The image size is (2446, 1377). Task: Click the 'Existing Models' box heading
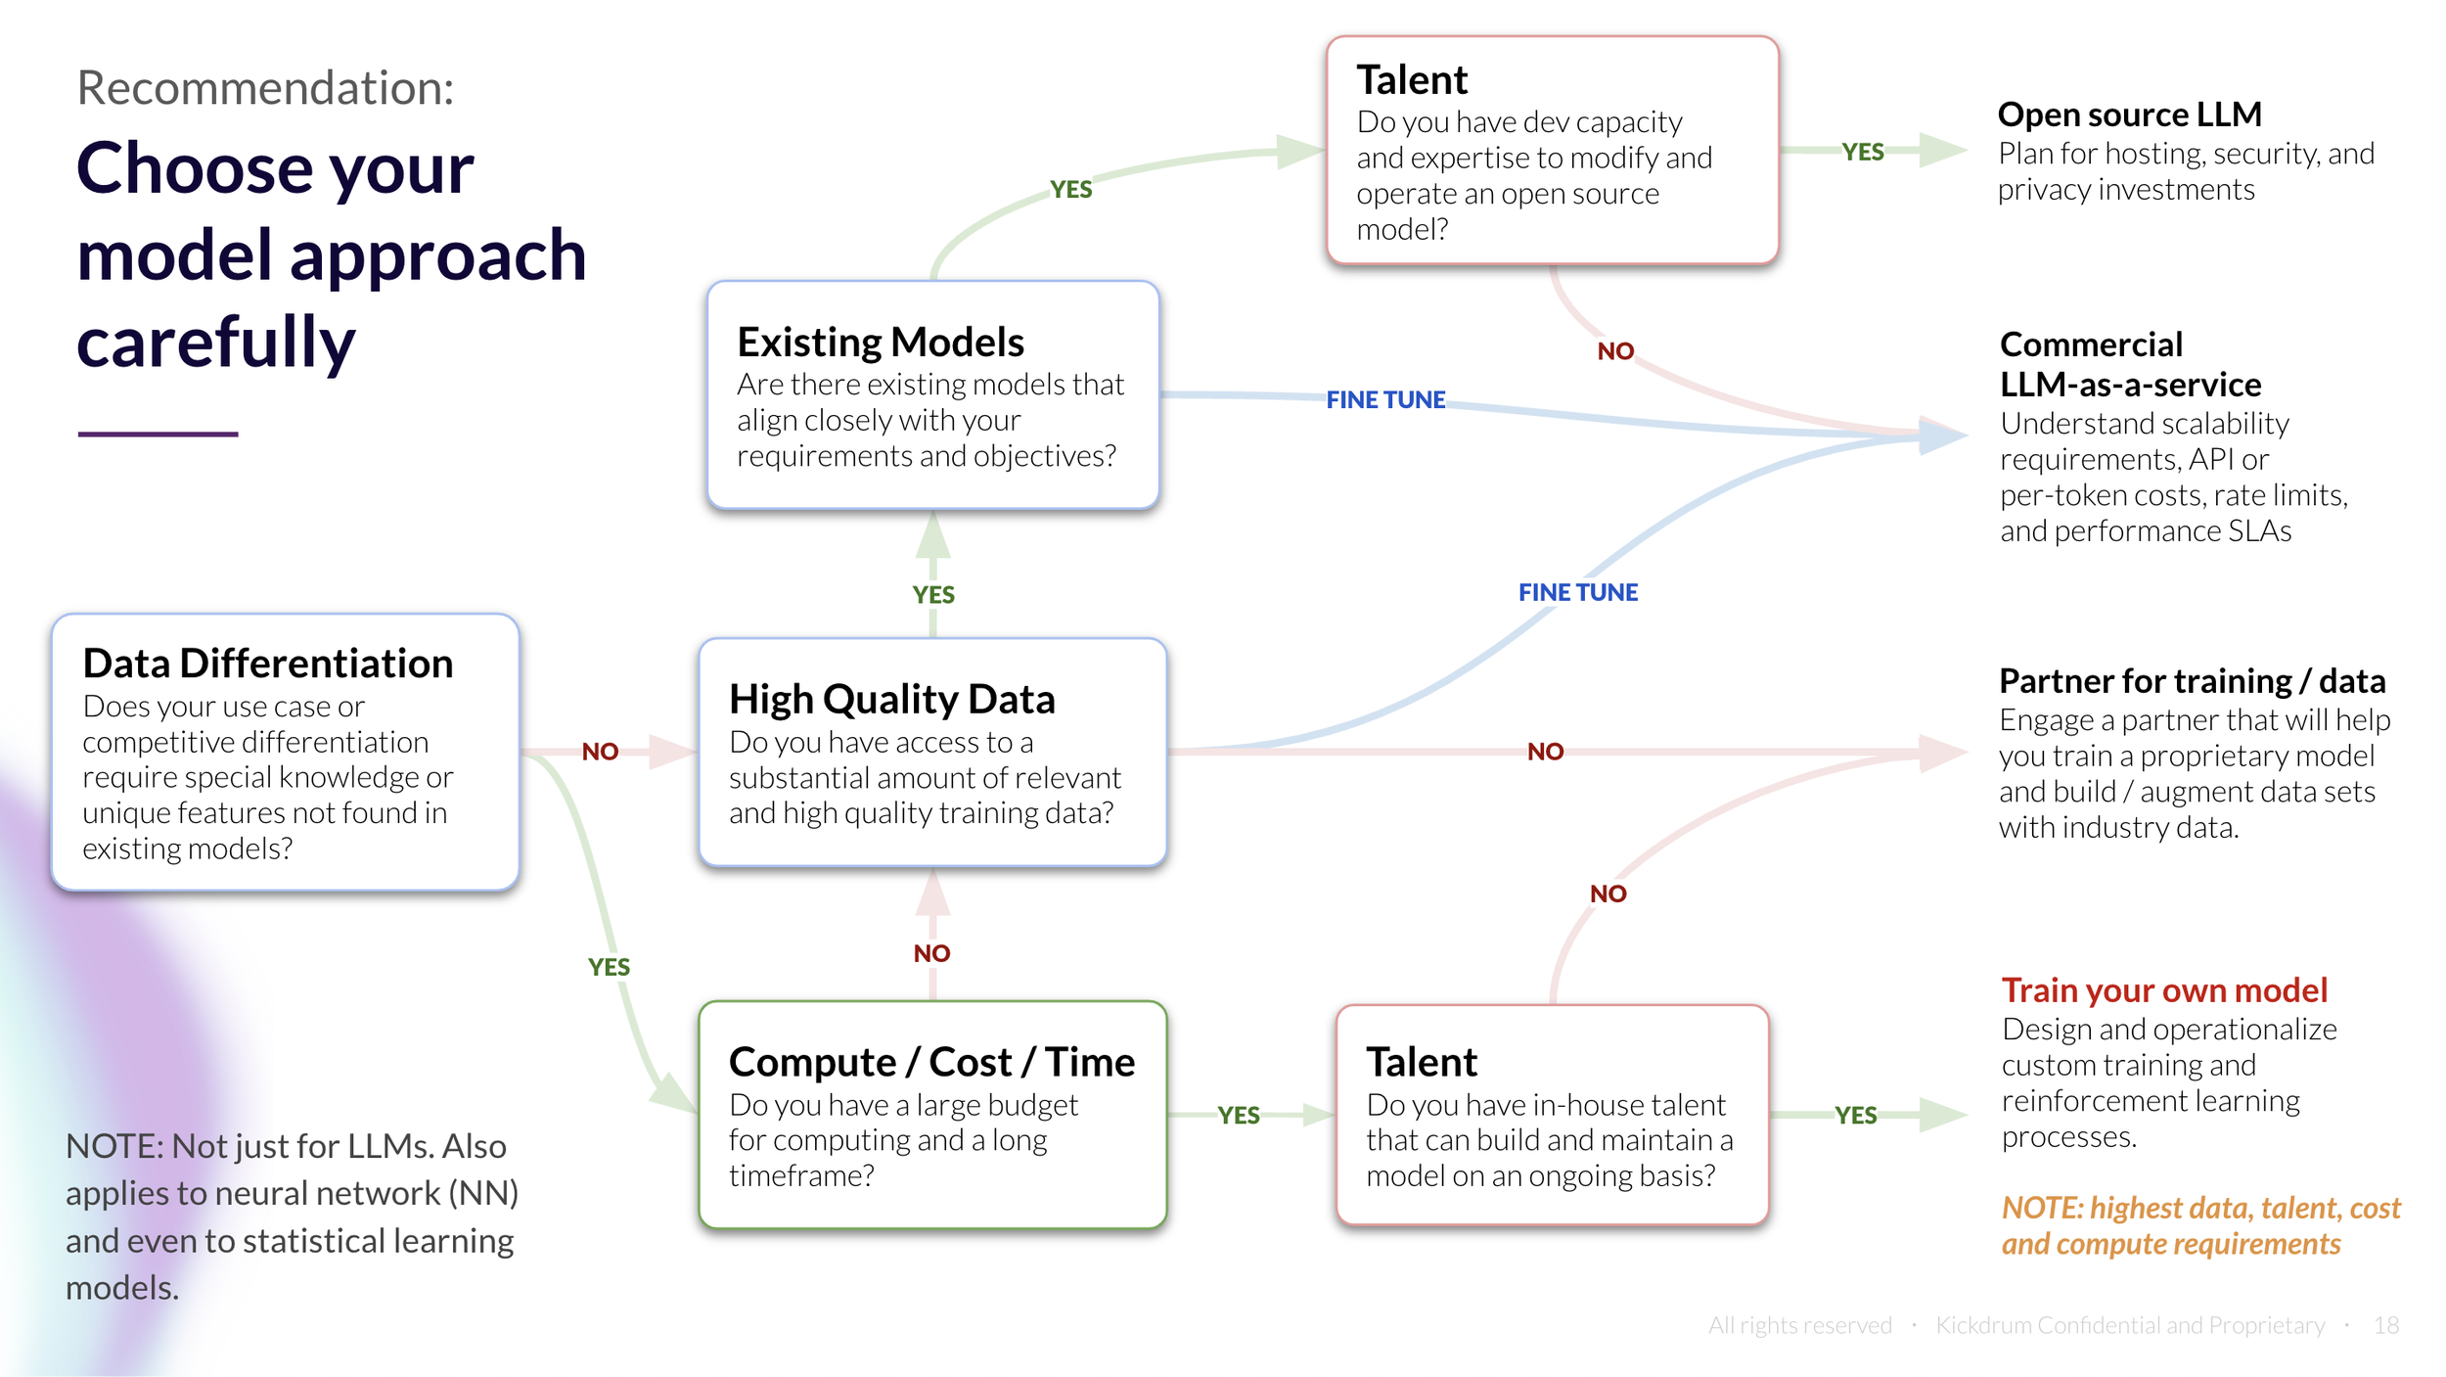pos(880,343)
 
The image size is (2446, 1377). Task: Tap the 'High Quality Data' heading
pos(891,700)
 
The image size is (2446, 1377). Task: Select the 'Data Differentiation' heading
pos(267,664)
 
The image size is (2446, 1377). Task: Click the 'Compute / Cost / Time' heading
pos(931,1062)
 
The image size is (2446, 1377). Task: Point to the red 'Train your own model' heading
pos(2163,990)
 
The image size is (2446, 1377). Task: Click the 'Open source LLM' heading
pos(2129,115)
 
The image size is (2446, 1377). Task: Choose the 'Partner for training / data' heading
pos(2192,681)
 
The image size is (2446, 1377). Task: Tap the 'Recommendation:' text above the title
pos(265,88)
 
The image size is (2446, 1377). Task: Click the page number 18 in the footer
pos(2384,1325)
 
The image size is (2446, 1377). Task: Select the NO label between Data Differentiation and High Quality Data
pos(600,752)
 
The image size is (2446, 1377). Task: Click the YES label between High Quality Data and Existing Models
pos(933,595)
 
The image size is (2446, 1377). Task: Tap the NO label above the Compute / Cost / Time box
pos(931,953)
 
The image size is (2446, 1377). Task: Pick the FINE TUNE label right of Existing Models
pos(1385,400)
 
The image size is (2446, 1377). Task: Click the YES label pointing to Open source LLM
pos(1862,152)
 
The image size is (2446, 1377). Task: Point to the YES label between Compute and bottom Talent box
pos(1239,1116)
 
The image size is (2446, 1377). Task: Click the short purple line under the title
pos(158,434)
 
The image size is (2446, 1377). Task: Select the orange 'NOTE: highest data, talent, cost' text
pos(2200,1209)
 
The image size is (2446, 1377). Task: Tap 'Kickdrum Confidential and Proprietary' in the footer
pos(2130,1325)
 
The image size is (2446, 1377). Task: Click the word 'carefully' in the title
pos(216,343)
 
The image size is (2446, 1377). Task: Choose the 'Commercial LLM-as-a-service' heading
pos(2129,365)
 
